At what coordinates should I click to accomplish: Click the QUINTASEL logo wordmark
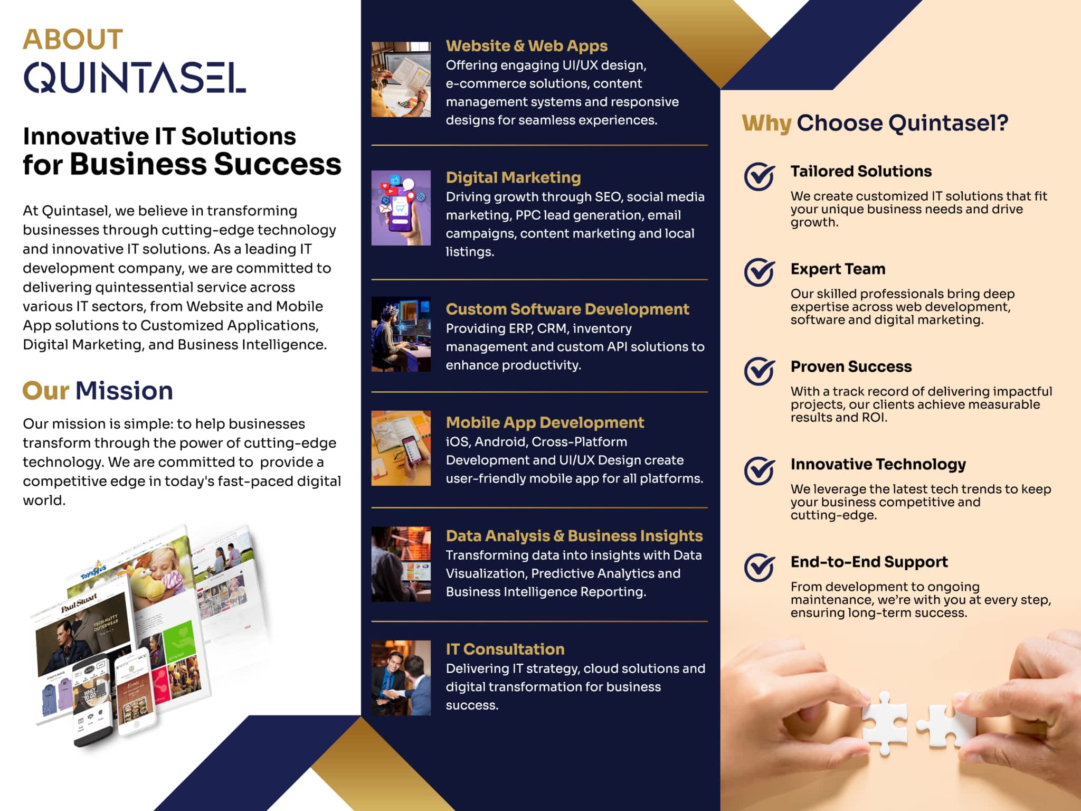click(135, 78)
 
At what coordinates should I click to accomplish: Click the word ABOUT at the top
click(73, 40)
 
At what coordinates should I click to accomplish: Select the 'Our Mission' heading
click(98, 391)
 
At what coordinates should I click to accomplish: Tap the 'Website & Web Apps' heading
click(526, 46)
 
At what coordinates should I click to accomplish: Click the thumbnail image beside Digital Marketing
click(401, 208)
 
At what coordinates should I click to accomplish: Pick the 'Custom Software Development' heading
click(567, 309)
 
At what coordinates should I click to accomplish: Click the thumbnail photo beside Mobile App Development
click(401, 448)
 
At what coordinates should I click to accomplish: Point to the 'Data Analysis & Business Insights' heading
click(574, 536)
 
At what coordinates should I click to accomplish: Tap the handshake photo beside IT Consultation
click(401, 678)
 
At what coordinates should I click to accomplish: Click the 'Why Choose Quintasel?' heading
click(875, 123)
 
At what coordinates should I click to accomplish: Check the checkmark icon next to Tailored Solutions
click(760, 176)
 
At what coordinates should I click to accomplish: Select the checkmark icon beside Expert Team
click(760, 272)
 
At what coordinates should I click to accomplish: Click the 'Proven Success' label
click(851, 366)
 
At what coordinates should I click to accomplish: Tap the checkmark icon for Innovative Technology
click(760, 470)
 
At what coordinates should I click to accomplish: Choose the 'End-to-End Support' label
click(869, 562)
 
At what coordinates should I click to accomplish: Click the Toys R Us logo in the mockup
click(94, 571)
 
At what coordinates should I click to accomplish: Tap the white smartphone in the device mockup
click(136, 691)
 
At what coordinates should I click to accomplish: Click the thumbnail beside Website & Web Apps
click(401, 79)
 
